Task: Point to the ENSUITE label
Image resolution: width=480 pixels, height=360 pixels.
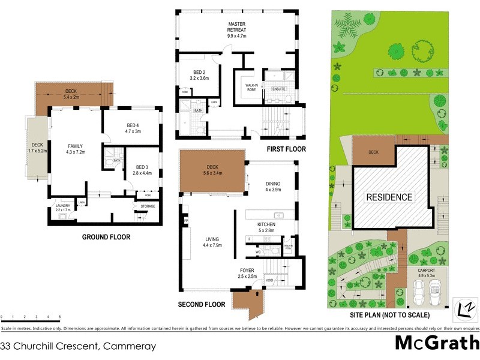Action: pos(279,89)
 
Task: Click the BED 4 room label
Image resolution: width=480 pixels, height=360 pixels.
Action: pos(132,127)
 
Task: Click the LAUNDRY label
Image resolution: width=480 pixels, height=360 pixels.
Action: pos(64,206)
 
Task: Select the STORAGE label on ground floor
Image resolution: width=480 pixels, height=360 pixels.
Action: pos(148,206)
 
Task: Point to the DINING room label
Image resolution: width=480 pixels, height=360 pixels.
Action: pos(273,184)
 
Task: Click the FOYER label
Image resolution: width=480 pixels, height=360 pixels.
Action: pos(247,271)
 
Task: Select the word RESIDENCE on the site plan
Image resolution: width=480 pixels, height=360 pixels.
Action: pos(389,197)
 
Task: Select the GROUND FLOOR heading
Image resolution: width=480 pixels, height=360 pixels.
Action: pos(106,237)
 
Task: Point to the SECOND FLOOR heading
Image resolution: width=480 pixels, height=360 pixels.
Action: pos(202,305)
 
